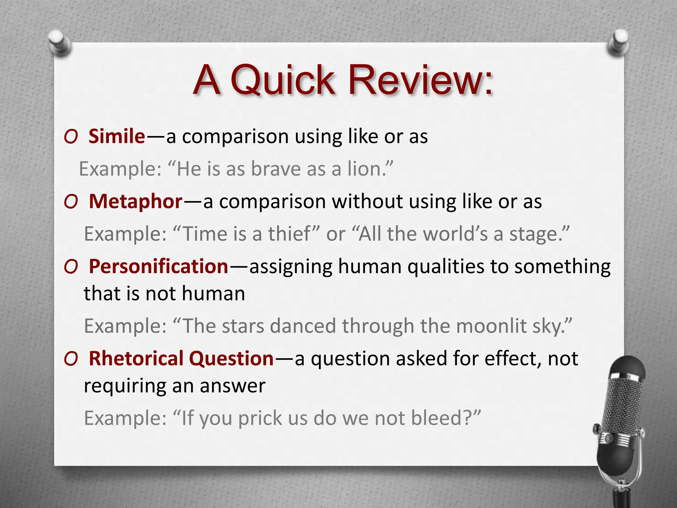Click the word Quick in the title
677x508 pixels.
click(x=283, y=80)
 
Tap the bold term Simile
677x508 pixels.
click(x=117, y=136)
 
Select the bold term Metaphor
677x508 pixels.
click(x=136, y=201)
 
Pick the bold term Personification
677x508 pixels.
click(x=159, y=267)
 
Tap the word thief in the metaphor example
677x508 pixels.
click(x=289, y=234)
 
